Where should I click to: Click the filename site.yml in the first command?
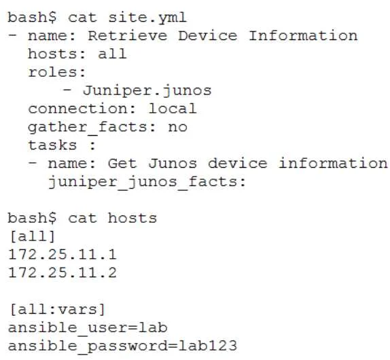click(x=147, y=18)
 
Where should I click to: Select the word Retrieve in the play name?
click(x=128, y=35)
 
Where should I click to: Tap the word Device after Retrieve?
click(x=208, y=35)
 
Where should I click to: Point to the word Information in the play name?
click(x=303, y=35)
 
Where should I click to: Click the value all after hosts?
click(x=112, y=54)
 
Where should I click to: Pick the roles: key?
click(x=57, y=73)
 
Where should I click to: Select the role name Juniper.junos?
click(x=147, y=90)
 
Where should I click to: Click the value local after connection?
click(x=173, y=109)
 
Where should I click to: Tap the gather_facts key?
click(x=87, y=128)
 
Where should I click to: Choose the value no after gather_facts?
click(x=177, y=127)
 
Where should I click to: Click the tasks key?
click(x=52, y=145)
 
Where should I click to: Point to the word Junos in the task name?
click(x=173, y=163)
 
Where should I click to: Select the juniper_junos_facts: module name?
click(x=147, y=182)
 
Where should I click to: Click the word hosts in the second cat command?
click(x=132, y=218)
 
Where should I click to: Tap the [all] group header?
click(x=32, y=236)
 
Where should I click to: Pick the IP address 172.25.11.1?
click(x=63, y=254)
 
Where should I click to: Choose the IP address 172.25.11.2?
click(x=63, y=272)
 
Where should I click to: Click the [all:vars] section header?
click(x=57, y=310)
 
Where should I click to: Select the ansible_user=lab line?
click(x=88, y=327)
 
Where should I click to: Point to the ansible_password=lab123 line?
click(x=122, y=346)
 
